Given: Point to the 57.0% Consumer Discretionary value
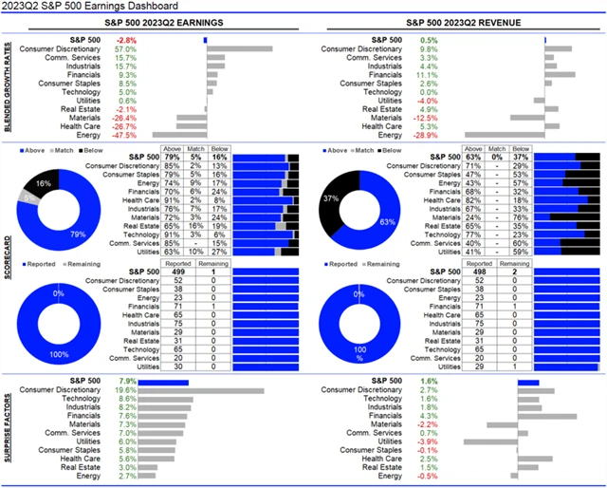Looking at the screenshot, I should [125, 48].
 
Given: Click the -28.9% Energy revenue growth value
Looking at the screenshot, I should [426, 134].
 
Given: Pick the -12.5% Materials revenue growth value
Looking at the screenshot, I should [426, 117].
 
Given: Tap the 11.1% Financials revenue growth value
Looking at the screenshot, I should [427, 74].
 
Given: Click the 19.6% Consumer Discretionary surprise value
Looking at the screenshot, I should [125, 389].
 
